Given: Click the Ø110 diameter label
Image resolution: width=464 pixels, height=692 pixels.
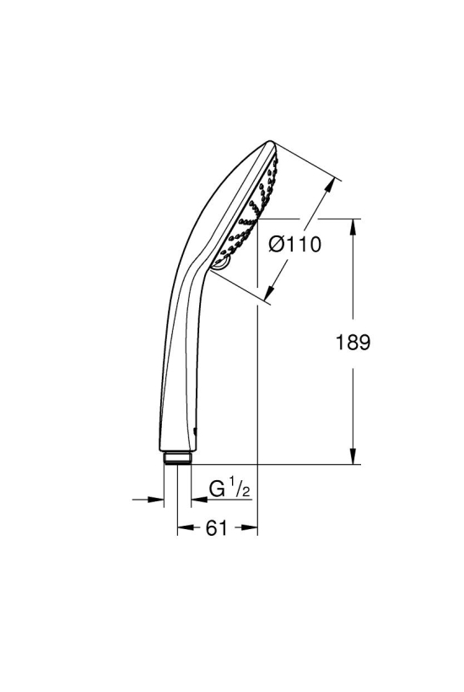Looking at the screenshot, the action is [295, 244].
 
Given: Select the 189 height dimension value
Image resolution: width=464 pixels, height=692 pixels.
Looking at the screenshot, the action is [353, 342].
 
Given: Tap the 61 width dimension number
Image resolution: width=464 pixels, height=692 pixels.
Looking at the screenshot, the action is [216, 527].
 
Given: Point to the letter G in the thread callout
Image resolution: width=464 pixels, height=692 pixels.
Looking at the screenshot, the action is [216, 489].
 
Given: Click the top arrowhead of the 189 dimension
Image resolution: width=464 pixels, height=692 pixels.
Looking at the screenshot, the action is [353, 227].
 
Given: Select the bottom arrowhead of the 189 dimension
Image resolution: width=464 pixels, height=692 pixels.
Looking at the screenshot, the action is [353, 456].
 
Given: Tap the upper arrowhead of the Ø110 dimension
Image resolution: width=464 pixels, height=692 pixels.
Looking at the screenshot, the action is [327, 187].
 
